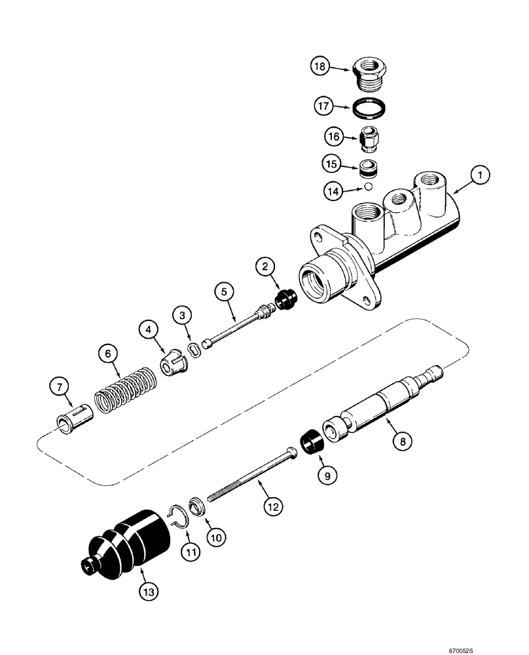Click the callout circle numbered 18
tap(319, 67)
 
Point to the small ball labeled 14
tap(369, 187)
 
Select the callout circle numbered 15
tap(331, 162)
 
